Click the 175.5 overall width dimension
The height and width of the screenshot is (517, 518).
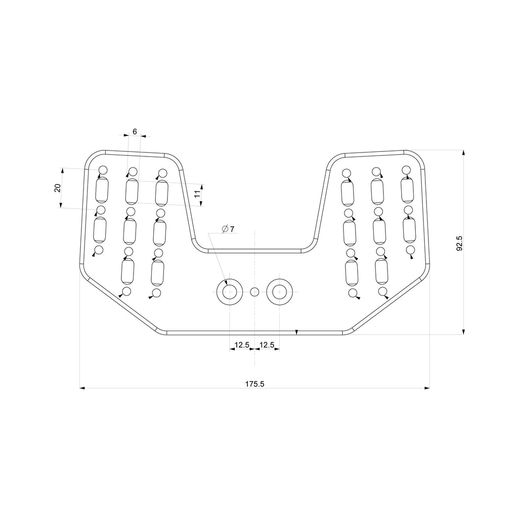pos(255,384)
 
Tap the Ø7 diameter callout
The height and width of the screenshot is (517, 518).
pos(228,229)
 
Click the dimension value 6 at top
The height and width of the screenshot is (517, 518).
pos(135,131)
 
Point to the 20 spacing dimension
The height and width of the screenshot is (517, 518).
pos(58,188)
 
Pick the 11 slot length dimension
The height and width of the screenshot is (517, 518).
pos(198,193)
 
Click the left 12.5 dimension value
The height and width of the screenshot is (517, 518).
pos(241,345)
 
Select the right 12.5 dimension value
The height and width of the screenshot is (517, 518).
pos(267,345)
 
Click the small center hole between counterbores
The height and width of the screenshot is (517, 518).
pos(254,292)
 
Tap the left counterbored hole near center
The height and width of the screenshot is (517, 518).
pos(229,292)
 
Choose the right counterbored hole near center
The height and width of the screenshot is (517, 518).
pos(280,292)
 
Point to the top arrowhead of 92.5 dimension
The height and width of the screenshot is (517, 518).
pos(463,153)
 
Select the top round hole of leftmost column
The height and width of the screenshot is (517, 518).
pos(103,170)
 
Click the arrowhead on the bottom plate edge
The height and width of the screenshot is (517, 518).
pos(297,332)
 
